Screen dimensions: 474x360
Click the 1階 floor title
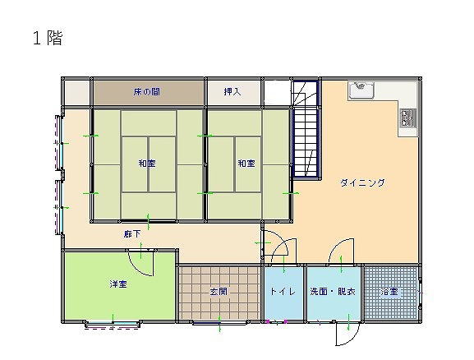(x=48, y=38)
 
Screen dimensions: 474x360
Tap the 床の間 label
(x=146, y=92)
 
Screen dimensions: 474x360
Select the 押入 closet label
(x=232, y=91)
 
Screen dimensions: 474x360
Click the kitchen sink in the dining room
(x=361, y=89)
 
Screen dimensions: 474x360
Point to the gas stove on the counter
(x=407, y=118)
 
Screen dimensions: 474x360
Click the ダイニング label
(x=363, y=182)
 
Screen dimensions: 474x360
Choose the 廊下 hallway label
(x=132, y=234)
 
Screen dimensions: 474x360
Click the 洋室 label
(x=118, y=284)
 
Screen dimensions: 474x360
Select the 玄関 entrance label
(x=219, y=291)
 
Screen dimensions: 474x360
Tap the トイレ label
(x=283, y=291)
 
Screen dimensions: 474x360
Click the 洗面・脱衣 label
(x=333, y=291)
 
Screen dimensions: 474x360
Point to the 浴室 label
(x=389, y=292)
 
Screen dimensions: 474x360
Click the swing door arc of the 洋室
(x=137, y=270)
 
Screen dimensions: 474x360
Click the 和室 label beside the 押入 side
(x=246, y=164)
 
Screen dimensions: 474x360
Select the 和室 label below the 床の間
(x=147, y=164)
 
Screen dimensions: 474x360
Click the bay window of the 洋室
(x=113, y=325)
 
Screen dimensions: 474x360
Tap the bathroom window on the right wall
(x=420, y=293)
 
